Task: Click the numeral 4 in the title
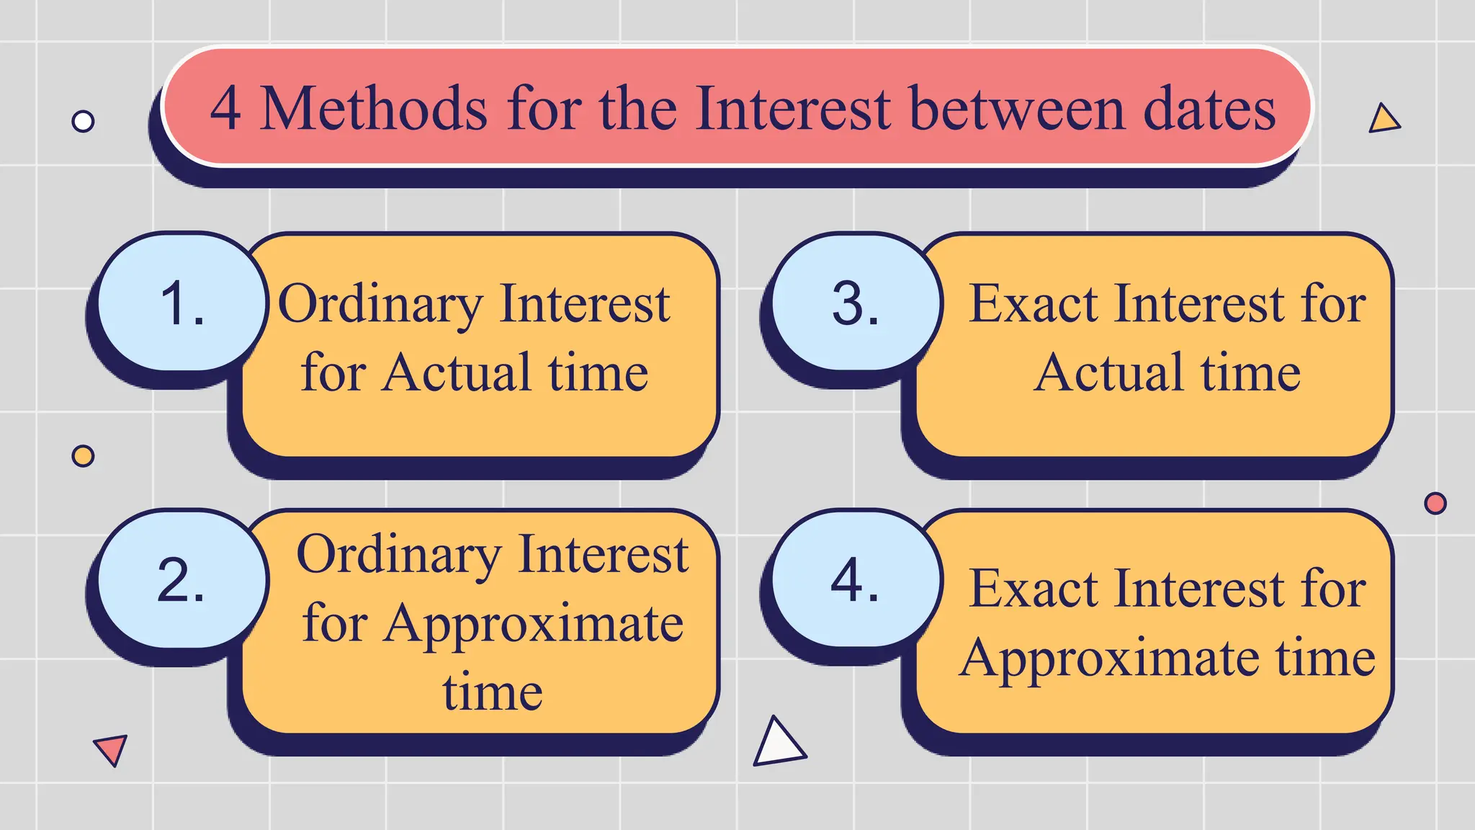[225, 109]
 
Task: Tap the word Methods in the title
[373, 109]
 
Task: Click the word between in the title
[1017, 109]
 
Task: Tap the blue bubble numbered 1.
[181, 303]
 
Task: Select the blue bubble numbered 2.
[181, 580]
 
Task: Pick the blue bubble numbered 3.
[856, 303]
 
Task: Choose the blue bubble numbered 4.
[856, 580]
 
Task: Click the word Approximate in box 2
[533, 624]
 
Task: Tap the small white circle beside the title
[83, 121]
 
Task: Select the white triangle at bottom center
[778, 744]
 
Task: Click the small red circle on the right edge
[1435, 503]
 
